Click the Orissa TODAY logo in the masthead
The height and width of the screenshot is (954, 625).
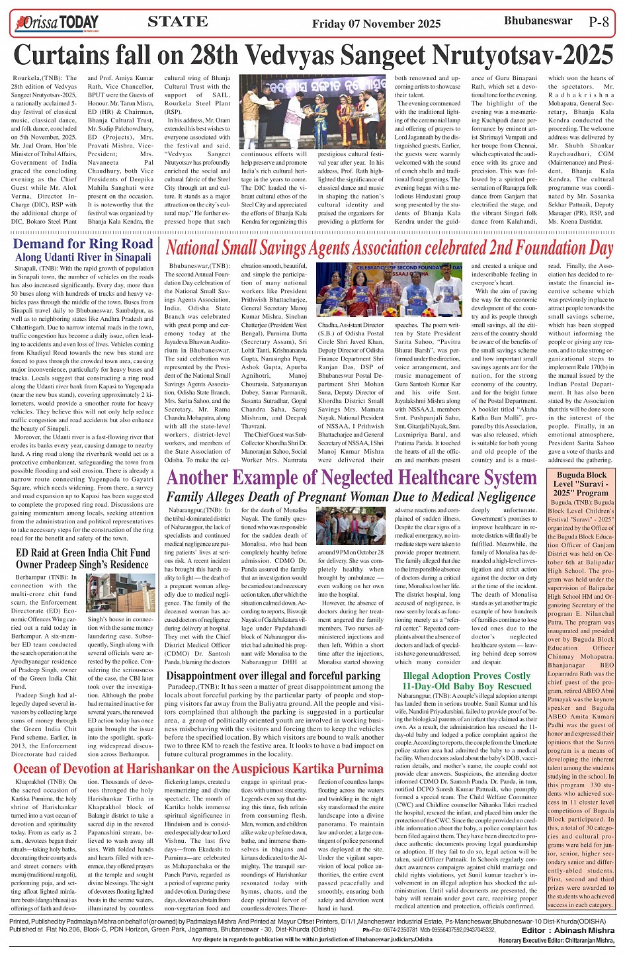click(57, 24)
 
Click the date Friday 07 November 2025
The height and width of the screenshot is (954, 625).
click(376, 24)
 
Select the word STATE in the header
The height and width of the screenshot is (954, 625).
click(177, 22)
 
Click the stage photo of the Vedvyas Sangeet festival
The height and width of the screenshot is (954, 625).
click(312, 111)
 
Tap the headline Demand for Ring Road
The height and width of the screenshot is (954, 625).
click(83, 243)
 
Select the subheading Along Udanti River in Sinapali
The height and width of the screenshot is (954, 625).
click(83, 257)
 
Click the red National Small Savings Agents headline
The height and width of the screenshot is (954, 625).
click(389, 248)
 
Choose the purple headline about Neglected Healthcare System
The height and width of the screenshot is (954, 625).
click(351, 478)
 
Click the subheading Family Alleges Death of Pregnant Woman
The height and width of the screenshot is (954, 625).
click(351, 497)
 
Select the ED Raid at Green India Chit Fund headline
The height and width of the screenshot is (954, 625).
click(83, 558)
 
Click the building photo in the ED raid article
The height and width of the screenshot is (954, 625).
click(121, 593)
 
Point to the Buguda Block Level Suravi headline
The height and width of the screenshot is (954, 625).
click(581, 484)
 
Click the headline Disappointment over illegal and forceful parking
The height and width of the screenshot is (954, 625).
click(273, 675)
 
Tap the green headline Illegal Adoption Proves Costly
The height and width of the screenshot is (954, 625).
click(466, 681)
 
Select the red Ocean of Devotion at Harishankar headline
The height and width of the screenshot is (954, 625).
click(198, 768)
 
